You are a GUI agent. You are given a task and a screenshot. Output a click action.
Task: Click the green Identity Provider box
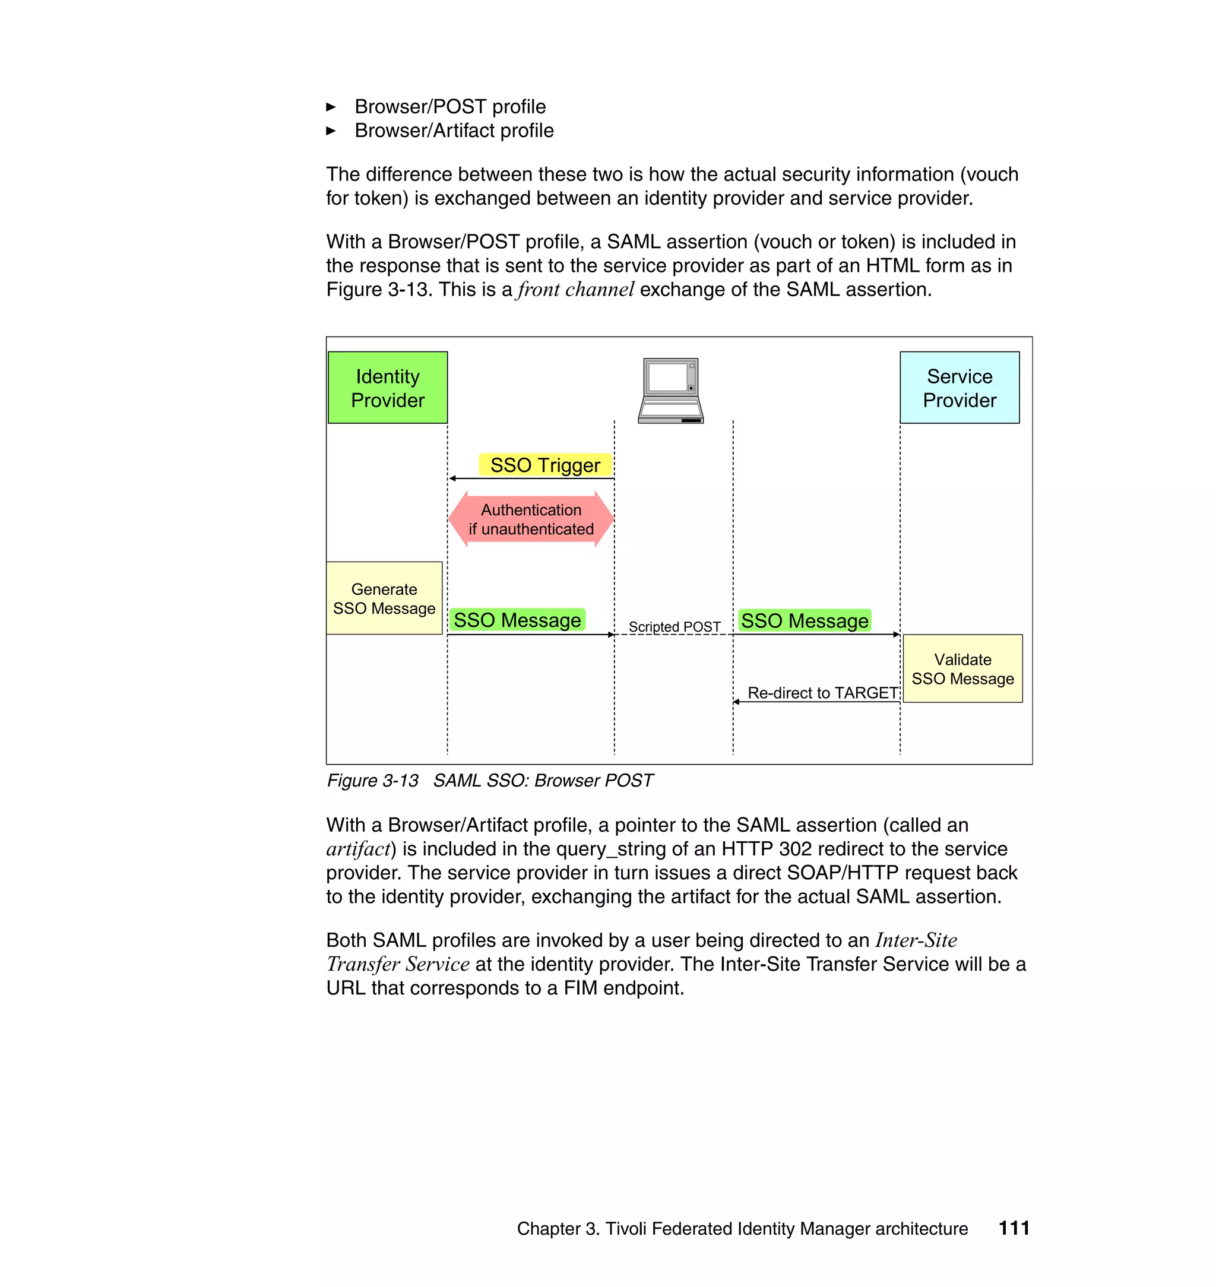[x=388, y=388]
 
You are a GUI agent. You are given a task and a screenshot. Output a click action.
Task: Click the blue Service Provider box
[x=959, y=388]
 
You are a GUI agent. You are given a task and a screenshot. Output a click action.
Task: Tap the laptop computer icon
[x=671, y=390]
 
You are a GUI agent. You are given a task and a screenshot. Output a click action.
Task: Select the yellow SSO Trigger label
[x=545, y=465]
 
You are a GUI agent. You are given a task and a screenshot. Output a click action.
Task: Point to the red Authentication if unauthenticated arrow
[x=531, y=519]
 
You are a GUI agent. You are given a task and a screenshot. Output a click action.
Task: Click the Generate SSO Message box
[x=384, y=598]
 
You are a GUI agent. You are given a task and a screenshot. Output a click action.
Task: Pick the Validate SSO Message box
[x=962, y=669]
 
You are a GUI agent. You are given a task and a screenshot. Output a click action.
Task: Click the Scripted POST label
[x=674, y=627]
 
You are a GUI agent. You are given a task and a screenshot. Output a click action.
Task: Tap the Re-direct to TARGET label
[x=822, y=693]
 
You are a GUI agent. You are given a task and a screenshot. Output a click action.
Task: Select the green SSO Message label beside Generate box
[x=517, y=620]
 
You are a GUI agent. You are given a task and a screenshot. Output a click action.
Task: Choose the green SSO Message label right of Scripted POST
[x=805, y=621]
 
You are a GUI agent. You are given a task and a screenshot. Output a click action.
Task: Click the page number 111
[x=1014, y=1228]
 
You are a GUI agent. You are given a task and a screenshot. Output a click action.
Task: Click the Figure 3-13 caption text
[x=489, y=780]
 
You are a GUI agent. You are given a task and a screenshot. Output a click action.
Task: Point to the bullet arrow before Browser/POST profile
[x=331, y=107]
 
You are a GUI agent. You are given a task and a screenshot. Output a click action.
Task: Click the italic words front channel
[x=575, y=289]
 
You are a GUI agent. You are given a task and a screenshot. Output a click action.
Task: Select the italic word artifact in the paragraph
[x=359, y=849]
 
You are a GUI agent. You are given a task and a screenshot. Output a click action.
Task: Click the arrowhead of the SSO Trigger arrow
[x=452, y=478]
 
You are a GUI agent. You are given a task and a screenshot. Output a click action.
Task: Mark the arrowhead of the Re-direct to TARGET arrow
[x=736, y=702]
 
